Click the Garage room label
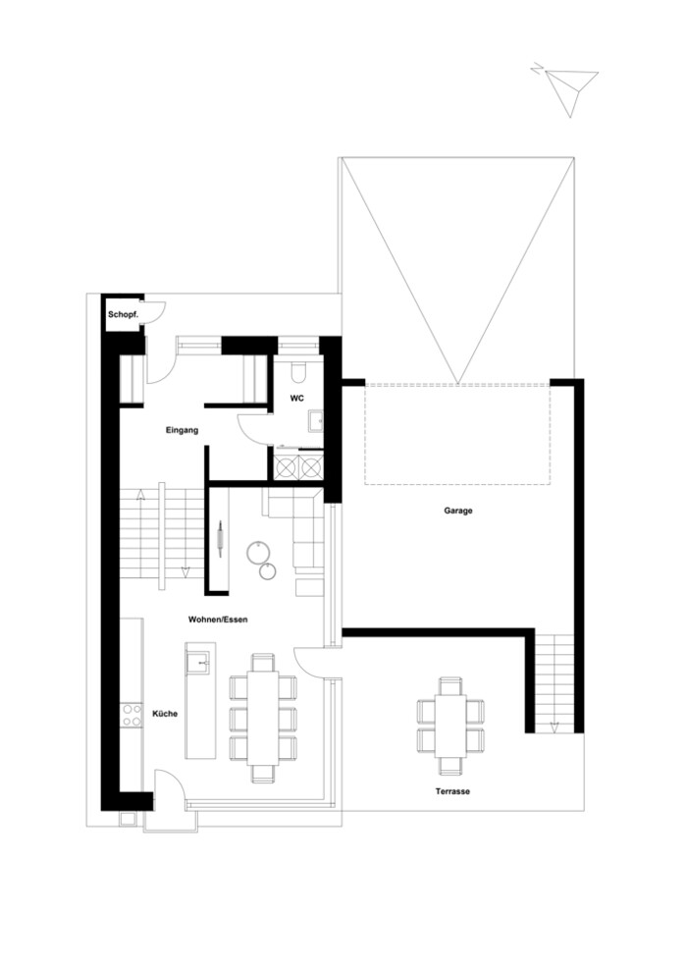click(x=457, y=511)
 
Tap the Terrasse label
click(x=451, y=791)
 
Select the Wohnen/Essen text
click(x=218, y=620)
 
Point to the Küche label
click(x=165, y=714)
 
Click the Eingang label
click(x=182, y=430)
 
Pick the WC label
click(x=297, y=399)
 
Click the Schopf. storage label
click(x=123, y=315)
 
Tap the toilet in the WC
click(x=297, y=371)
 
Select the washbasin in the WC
click(x=316, y=421)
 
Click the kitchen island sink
click(x=200, y=662)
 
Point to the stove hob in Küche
click(x=132, y=715)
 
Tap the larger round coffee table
click(x=257, y=552)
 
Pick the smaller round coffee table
click(x=268, y=570)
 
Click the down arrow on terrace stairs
click(x=554, y=728)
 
